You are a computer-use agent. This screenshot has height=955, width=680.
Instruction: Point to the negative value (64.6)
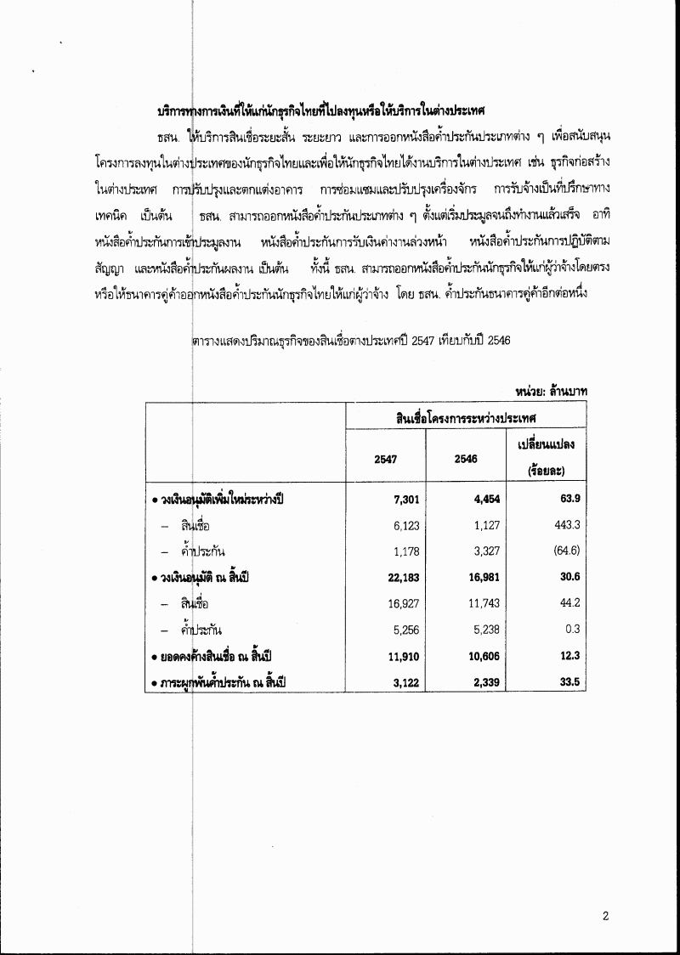566,551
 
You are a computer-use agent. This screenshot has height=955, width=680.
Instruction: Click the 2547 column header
386,459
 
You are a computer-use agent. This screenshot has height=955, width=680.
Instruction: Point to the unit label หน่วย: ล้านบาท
552,390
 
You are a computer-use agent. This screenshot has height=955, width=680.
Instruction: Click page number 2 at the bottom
606,916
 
